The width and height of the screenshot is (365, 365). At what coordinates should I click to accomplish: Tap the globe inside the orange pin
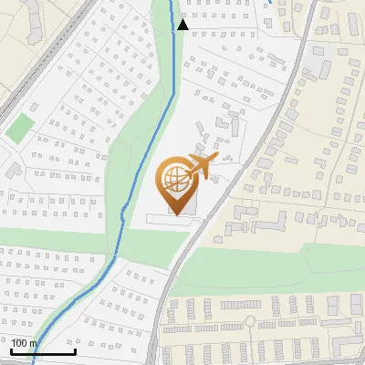pyautogui.click(x=177, y=179)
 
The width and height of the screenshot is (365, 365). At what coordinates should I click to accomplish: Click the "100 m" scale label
pyautogui.click(x=25, y=343)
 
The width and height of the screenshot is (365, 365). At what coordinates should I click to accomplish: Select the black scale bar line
pyautogui.click(x=42, y=352)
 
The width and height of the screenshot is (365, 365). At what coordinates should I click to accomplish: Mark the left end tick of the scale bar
pyautogui.click(x=10, y=350)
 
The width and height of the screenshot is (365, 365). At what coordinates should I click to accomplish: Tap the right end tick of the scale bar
pyautogui.click(x=75, y=350)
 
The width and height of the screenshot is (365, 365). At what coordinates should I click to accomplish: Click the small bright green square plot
pyautogui.click(x=18, y=128)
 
